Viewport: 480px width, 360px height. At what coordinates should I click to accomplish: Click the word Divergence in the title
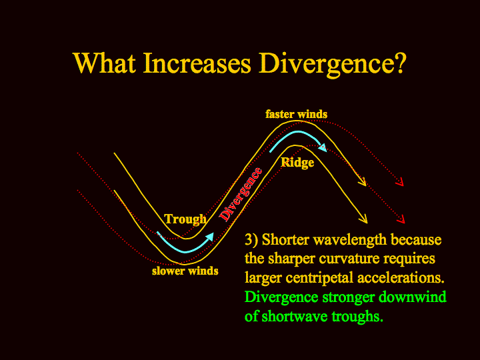pos(333,64)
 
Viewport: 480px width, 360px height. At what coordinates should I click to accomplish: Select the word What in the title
pos(105,63)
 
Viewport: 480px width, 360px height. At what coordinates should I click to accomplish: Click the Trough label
pos(185,219)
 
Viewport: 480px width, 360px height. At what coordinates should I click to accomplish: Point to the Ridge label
pos(297,162)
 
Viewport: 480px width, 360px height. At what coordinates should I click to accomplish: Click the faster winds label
pos(296,114)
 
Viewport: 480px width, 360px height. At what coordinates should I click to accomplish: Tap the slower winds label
pos(185,271)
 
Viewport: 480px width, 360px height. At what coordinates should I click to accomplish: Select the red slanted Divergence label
pos(241,195)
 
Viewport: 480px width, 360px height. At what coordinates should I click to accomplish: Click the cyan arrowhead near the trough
pos(210,237)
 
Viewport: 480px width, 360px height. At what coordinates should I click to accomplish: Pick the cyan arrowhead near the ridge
pos(323,148)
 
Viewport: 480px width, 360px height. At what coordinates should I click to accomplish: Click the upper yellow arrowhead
pos(363,182)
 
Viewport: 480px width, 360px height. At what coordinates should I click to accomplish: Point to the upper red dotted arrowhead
pos(400,183)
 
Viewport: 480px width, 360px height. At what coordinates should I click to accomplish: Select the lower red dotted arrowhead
pos(401,219)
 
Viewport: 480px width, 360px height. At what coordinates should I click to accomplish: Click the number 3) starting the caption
pos(251,239)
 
